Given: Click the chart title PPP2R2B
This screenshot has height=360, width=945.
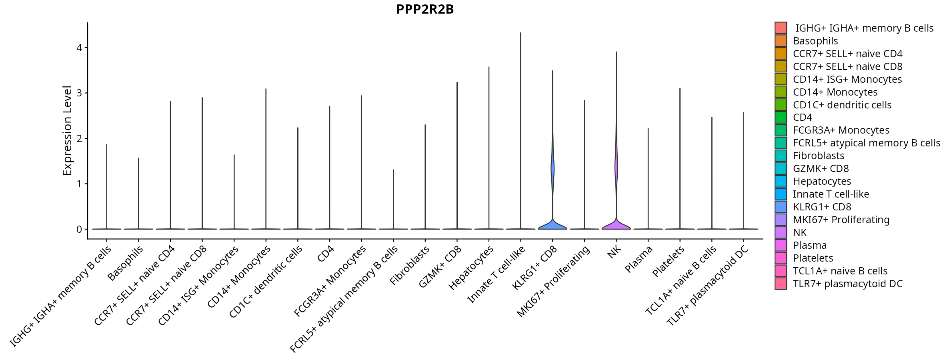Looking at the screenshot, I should coord(425,9).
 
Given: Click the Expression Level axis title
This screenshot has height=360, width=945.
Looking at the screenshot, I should coord(67,130).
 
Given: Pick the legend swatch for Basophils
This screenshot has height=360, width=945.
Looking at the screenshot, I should coord(781,41).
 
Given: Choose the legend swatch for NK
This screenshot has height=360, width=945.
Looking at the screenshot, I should coord(781,232).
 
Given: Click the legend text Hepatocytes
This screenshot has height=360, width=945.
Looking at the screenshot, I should coord(822,181).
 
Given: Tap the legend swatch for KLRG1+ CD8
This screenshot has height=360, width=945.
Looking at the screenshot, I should coord(781,207).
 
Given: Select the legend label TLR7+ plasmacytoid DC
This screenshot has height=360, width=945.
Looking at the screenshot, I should coord(847,284).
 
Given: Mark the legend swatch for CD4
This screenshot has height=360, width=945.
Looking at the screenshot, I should coord(781,118).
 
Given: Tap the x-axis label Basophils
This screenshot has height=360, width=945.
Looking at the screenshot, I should coord(125,263).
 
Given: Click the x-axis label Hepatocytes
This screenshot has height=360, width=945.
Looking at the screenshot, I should coord(470,268).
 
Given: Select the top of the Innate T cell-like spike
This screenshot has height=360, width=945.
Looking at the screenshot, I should coord(521,33).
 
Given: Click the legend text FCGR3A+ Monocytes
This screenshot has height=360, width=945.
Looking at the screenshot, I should coord(841,130).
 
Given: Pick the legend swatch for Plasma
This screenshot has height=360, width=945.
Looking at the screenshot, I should coord(781,245).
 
